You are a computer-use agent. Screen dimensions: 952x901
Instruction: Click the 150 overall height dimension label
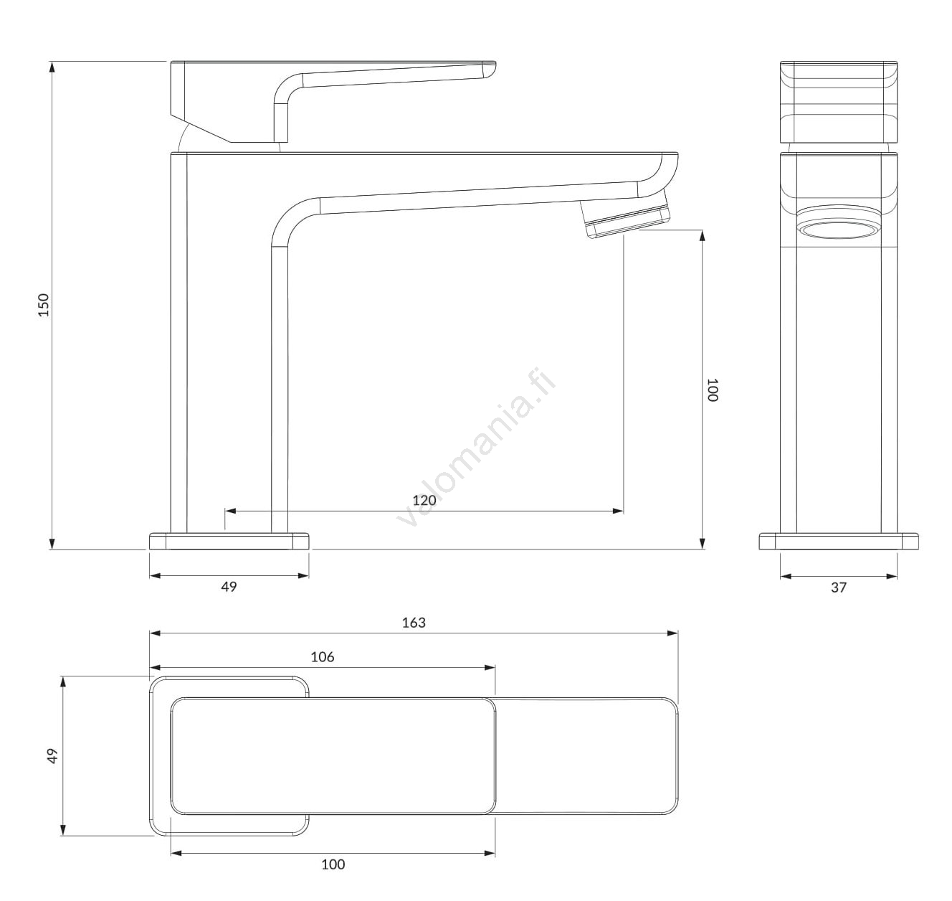pos(44,305)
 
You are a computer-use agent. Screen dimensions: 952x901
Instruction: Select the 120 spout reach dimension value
pos(424,500)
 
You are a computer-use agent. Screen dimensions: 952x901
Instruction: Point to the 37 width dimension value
pos(839,588)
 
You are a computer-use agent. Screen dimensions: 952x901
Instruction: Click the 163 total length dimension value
pos(414,623)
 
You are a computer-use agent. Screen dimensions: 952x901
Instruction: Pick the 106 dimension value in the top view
pos(323,656)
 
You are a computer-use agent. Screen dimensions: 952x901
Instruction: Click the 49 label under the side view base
pos(229,587)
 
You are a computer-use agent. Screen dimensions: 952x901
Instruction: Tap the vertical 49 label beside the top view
pos(52,755)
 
